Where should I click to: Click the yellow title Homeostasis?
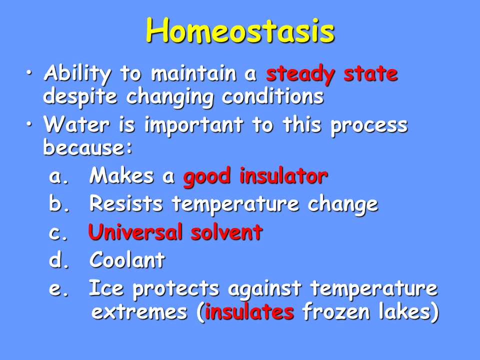point(240,30)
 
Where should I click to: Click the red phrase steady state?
point(332,74)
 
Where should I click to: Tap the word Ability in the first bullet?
point(77,74)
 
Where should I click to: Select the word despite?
point(80,97)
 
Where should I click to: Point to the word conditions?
point(273,96)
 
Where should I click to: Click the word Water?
point(76,124)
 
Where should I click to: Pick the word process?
point(369,126)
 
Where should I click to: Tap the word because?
point(84,147)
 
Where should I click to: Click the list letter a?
point(58,177)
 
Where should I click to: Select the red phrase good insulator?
point(255,176)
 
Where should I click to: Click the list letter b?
point(59,203)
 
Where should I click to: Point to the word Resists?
point(126,203)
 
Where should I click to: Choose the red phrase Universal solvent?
point(175,231)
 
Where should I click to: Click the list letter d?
point(59,260)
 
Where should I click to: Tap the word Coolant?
point(127,260)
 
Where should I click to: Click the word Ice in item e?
point(106,288)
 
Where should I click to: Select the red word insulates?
point(249,312)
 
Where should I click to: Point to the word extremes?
point(139,312)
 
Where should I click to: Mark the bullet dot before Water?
point(29,124)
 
